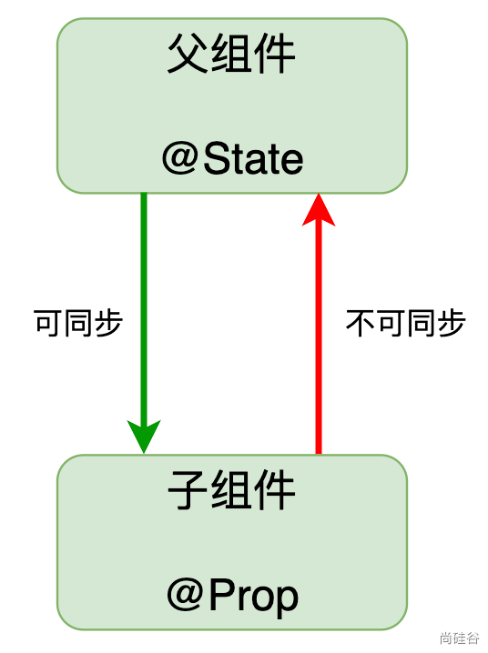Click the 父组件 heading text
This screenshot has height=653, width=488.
[x=231, y=54]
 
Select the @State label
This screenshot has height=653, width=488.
[x=232, y=158]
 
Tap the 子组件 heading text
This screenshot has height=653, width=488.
[x=231, y=489]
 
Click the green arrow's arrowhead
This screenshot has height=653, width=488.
[x=144, y=436]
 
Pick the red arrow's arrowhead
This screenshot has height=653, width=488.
[x=319, y=210]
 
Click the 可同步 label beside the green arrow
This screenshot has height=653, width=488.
[x=78, y=323]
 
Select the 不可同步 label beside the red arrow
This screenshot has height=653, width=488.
[x=405, y=323]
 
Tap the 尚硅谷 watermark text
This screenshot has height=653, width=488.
[x=459, y=638]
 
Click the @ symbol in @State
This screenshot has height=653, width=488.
[x=179, y=158]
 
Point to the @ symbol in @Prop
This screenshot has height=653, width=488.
[x=184, y=595]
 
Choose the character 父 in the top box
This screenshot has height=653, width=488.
[x=188, y=54]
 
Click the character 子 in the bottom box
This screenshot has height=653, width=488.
[x=188, y=489]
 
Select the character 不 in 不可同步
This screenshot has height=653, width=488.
[x=361, y=323]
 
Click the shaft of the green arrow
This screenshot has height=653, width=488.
[x=144, y=308]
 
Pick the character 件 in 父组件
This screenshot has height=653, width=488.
[x=275, y=54]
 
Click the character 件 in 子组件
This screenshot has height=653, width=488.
[x=275, y=489]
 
